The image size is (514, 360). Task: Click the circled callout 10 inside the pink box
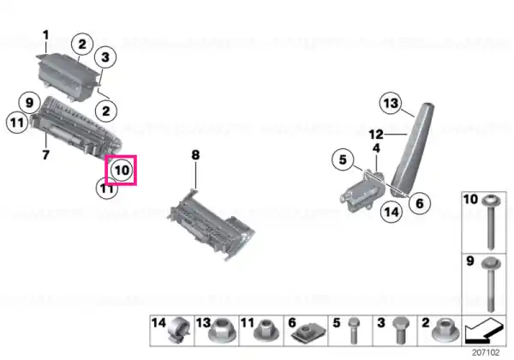coord(122,171)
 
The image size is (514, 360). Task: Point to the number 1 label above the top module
coord(46,35)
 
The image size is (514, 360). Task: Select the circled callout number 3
coord(105,57)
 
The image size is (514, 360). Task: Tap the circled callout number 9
coord(29,103)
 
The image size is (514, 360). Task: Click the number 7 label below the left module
coord(46,154)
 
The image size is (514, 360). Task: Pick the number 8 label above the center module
coord(195,155)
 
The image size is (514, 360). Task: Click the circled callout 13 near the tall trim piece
coord(391,103)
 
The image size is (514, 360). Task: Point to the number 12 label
coord(376,134)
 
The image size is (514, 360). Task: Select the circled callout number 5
coord(343,159)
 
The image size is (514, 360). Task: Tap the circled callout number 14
coord(391,212)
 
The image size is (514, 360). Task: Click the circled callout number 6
coord(420,203)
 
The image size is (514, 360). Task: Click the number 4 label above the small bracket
coord(376,148)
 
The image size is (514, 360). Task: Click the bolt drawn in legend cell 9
coord(491,285)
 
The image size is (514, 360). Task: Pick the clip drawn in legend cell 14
coord(179,330)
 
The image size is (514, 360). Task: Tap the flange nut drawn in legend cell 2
coord(445,330)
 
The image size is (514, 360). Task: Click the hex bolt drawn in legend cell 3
coord(401,330)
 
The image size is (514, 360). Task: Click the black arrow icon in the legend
coord(483,330)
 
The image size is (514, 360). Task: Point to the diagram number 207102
coord(486,352)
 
